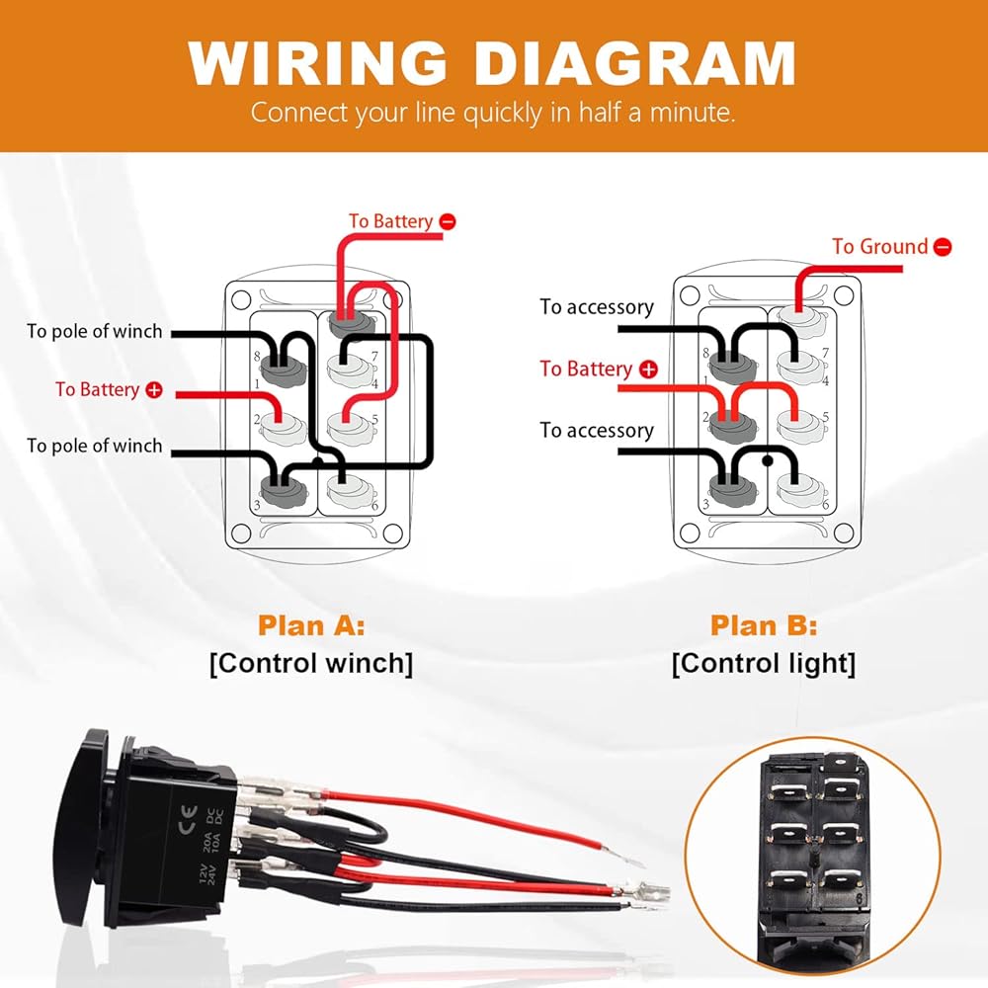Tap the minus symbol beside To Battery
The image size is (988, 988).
coord(448,221)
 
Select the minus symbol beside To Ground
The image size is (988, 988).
coord(943,247)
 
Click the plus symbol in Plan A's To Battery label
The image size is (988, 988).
coord(154,390)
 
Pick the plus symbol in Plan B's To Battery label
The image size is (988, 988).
coord(648,370)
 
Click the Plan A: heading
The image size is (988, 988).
coord(311,625)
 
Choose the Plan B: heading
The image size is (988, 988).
coord(764,625)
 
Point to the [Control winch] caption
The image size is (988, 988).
coord(311,664)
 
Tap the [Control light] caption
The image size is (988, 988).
coord(764,664)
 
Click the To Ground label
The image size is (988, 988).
coord(879,246)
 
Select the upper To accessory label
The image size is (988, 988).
coord(597,307)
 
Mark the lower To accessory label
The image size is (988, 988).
coord(597,431)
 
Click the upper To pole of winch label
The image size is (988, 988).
coord(95,331)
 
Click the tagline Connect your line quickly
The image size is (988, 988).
coord(493,113)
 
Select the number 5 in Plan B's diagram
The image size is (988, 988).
coord(825,417)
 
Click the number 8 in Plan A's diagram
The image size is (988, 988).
coord(257,357)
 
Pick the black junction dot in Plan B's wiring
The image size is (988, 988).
coord(768,460)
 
